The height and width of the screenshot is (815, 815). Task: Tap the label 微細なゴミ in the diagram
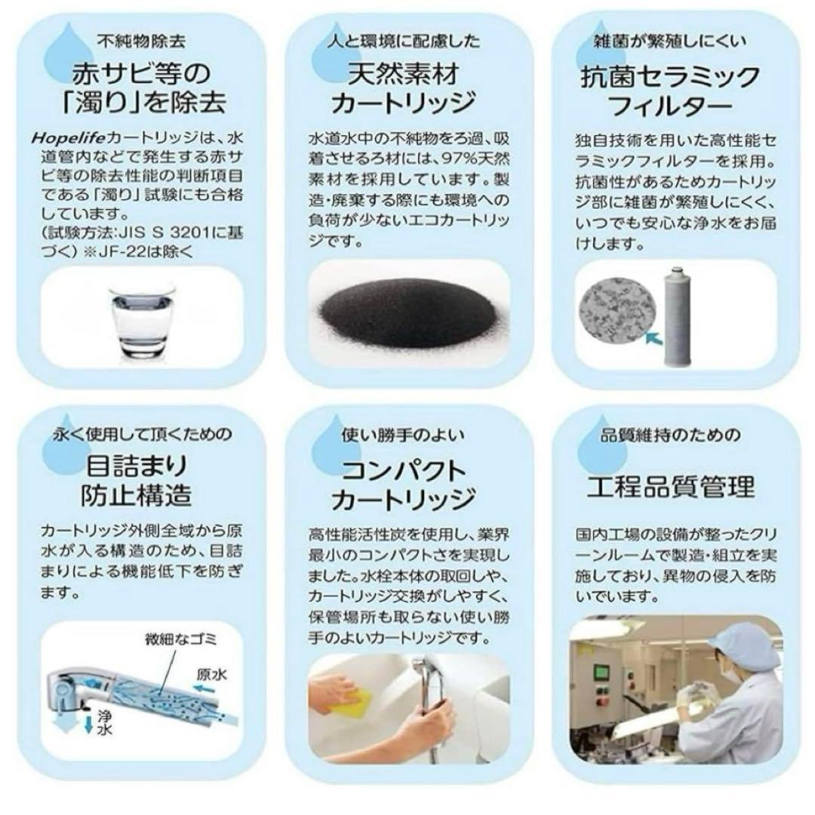point(180,641)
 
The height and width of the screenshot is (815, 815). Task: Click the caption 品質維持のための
point(670,435)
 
